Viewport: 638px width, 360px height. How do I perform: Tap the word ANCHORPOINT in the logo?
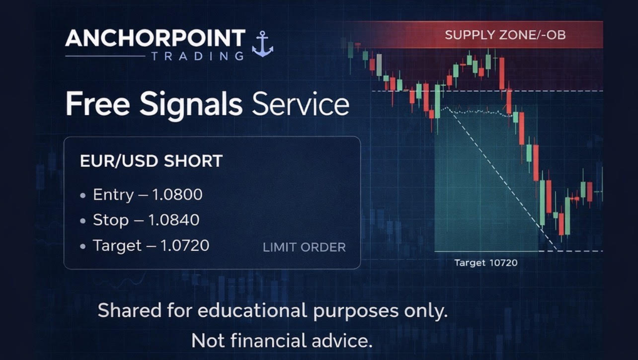pos(155,38)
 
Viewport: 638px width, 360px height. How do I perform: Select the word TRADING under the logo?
pos(197,56)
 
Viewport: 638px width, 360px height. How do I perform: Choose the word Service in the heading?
pos(300,105)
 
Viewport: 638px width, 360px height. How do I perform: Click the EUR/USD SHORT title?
pos(151,161)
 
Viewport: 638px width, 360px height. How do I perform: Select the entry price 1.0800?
pos(177,195)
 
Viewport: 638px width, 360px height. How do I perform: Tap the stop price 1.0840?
pos(173,220)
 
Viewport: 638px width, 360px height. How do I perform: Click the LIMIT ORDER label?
pos(304,247)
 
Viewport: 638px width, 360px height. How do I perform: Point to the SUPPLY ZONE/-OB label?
pos(505,35)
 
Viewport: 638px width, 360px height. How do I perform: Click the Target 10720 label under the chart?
pos(485,263)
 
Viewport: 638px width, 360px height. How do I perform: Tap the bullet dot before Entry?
pos(82,195)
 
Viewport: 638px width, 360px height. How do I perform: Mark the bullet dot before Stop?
pos(82,220)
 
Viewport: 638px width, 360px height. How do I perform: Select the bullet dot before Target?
pos(82,246)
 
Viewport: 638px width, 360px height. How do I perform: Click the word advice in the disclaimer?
pos(344,341)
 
